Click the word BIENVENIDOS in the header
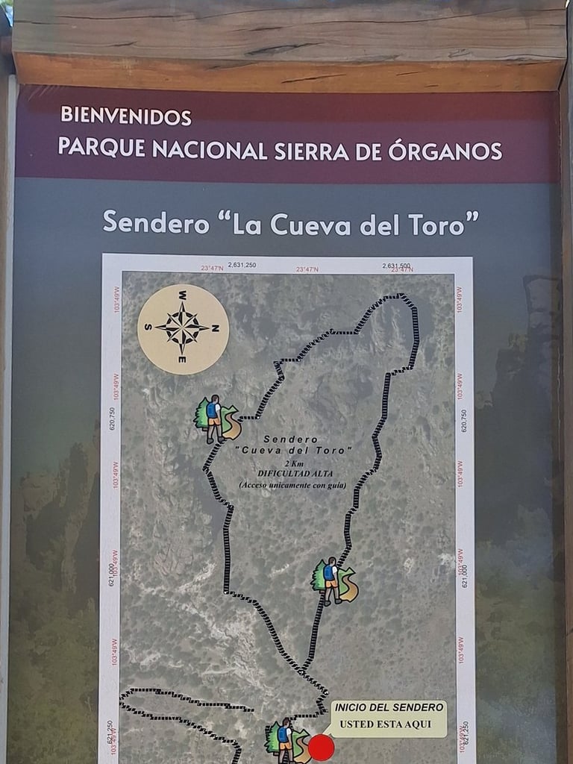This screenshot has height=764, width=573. click(125, 116)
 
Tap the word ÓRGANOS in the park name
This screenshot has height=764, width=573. click(445, 150)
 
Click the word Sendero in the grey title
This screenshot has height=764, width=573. click(156, 222)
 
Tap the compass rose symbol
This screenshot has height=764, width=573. click(183, 328)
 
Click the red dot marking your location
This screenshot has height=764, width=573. click(321, 748)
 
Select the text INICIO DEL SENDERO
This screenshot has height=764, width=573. click(389, 707)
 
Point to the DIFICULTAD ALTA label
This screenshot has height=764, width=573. click(291, 473)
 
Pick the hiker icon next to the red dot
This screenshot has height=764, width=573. click(286, 740)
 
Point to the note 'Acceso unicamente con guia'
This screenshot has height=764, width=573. click(292, 485)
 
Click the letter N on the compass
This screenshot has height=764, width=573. click(215, 328)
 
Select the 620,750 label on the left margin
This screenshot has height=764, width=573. click(112, 420)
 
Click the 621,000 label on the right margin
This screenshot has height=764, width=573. click(464, 575)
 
